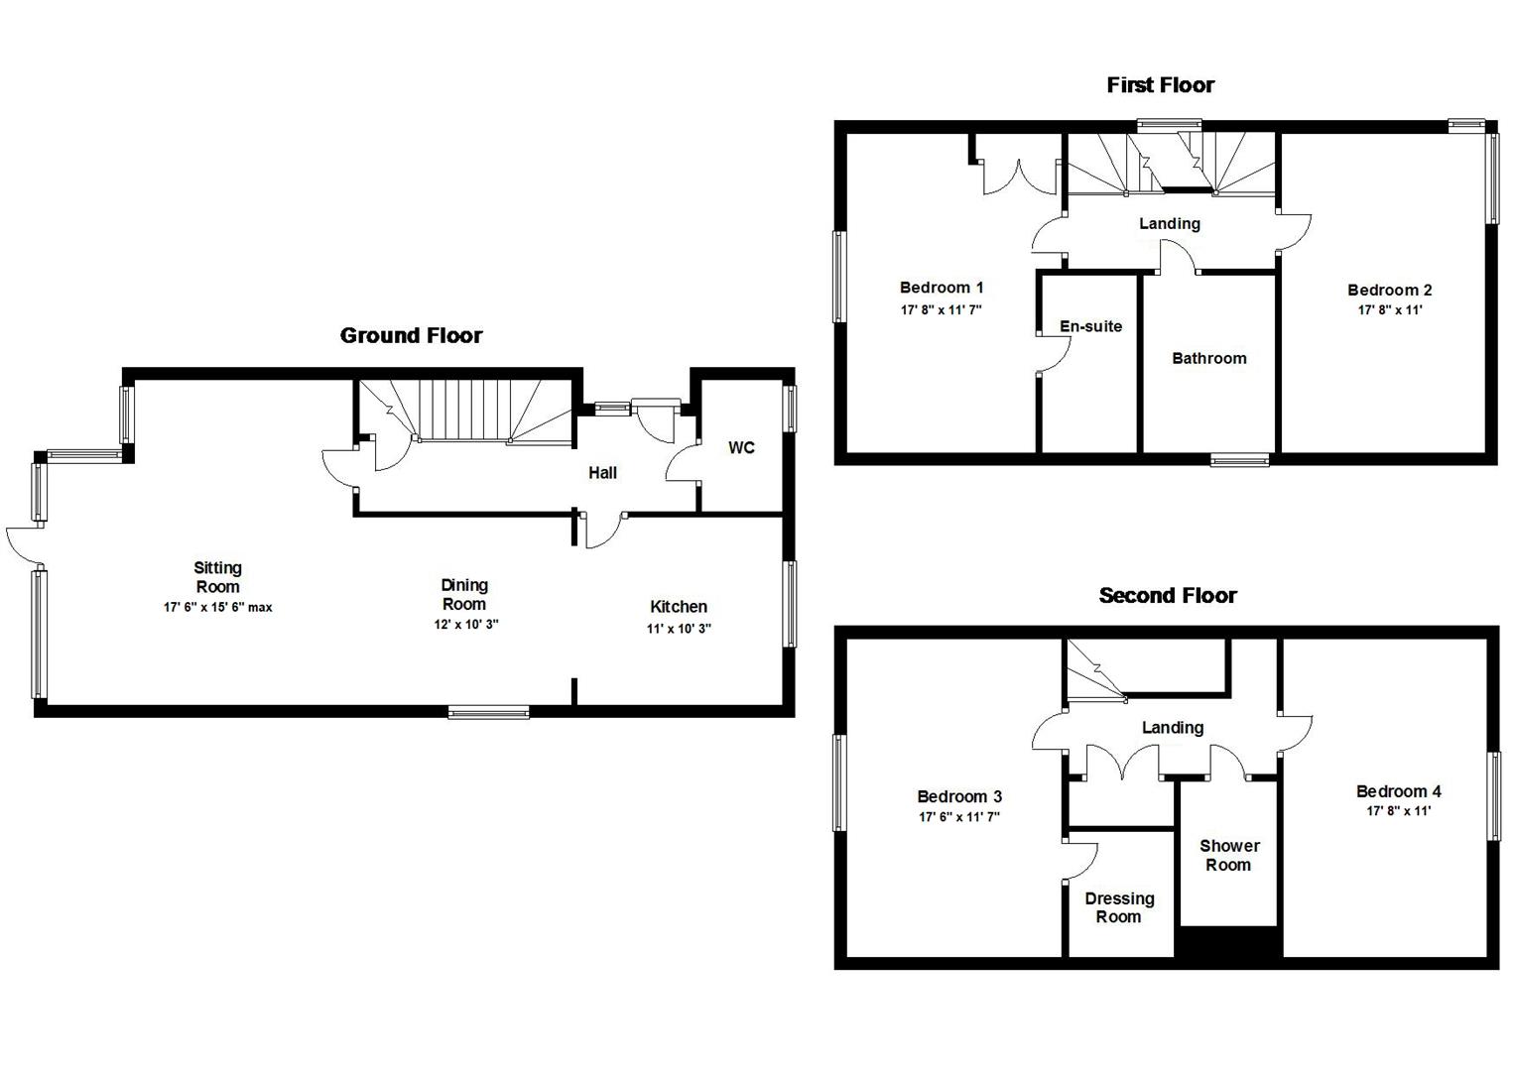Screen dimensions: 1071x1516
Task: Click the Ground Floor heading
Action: (411, 335)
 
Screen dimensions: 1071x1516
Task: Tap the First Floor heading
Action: (1160, 85)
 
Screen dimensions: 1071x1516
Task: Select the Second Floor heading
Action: (1167, 595)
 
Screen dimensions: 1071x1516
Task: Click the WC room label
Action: (741, 448)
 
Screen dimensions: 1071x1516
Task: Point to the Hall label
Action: (602, 473)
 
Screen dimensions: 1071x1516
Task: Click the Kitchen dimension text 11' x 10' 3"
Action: (679, 628)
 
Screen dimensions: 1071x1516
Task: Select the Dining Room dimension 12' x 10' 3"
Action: (464, 625)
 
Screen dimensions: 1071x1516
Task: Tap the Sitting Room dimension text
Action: (217, 607)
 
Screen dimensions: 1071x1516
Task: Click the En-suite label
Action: (1090, 326)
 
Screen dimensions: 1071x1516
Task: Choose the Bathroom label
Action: (1208, 358)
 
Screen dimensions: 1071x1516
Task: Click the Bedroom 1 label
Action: (941, 288)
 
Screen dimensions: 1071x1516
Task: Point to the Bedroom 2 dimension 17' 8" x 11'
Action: (1389, 310)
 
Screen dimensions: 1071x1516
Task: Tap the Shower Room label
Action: (1228, 855)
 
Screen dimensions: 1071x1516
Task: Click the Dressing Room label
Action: (1118, 907)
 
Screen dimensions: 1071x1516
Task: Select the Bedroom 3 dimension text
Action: (958, 817)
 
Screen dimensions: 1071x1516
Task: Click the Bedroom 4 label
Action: (1398, 790)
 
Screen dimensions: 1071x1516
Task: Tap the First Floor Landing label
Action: (1169, 223)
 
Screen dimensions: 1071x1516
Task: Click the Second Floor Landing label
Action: (1172, 727)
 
